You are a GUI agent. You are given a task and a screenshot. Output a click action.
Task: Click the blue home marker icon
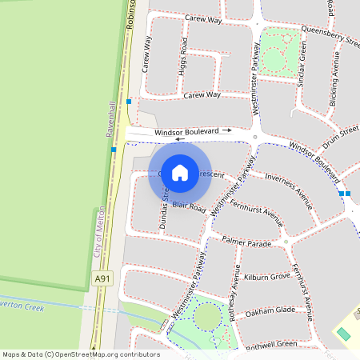180,172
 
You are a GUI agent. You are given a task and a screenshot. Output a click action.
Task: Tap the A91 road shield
101,278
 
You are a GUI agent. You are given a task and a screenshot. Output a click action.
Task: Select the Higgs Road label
184,55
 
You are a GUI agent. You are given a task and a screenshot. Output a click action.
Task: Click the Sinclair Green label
302,65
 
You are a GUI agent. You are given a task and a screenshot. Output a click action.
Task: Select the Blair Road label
189,206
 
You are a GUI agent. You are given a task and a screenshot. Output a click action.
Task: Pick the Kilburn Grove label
267,277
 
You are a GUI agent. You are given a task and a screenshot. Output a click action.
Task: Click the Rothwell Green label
271,344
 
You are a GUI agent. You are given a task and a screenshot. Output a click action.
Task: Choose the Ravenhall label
111,121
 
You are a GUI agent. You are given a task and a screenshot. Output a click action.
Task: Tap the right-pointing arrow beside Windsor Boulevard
227,130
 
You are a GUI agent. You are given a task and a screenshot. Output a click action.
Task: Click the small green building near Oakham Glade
343,333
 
